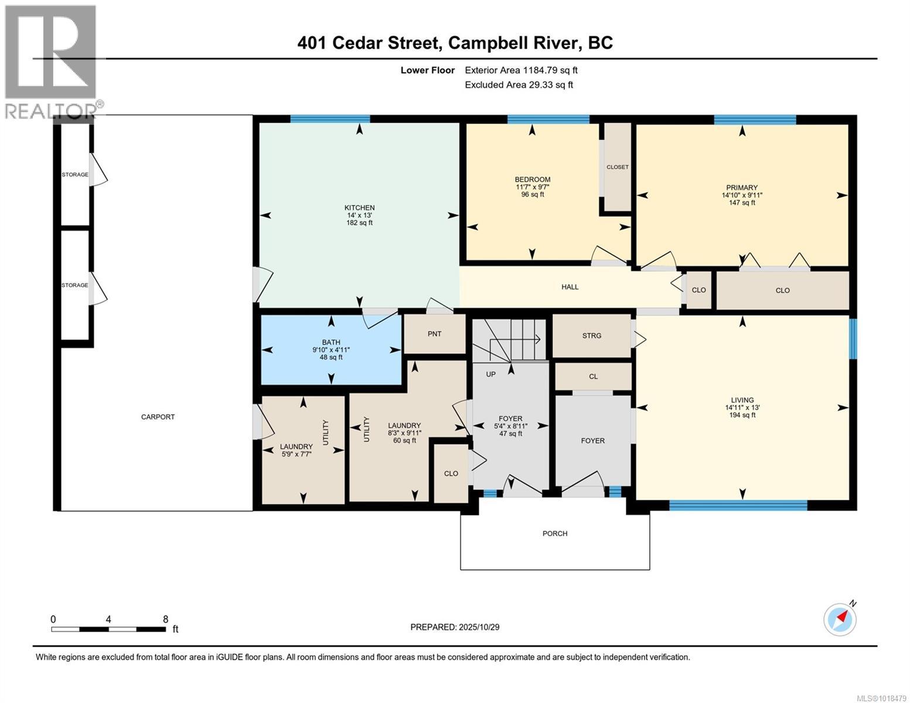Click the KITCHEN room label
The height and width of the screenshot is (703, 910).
click(x=359, y=207)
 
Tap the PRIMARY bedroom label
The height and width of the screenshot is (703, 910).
click(x=742, y=187)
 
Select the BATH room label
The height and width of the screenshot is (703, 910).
click(x=330, y=342)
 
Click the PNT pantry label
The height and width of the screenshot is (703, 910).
click(x=434, y=334)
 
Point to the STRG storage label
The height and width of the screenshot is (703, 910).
click(x=591, y=336)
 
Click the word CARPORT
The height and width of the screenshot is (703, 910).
click(x=158, y=417)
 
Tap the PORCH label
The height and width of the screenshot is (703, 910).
click(x=554, y=534)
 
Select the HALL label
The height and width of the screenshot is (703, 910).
click(x=570, y=287)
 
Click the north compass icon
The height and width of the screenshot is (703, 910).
click(x=840, y=619)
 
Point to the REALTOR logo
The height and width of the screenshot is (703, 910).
click(x=52, y=62)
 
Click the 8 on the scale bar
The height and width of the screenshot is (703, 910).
click(x=166, y=619)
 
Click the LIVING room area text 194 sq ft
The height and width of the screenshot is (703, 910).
click(x=742, y=415)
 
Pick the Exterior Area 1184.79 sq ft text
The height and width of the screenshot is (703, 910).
click(x=521, y=70)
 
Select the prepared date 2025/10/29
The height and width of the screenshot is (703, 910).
click(x=479, y=627)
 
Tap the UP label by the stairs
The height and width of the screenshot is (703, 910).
click(x=490, y=374)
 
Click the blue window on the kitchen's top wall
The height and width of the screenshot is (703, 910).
click(x=330, y=119)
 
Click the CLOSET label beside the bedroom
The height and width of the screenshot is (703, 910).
click(x=617, y=167)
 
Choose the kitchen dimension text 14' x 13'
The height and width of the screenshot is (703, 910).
click(x=359, y=215)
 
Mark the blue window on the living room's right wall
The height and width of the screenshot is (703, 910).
click(x=853, y=339)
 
